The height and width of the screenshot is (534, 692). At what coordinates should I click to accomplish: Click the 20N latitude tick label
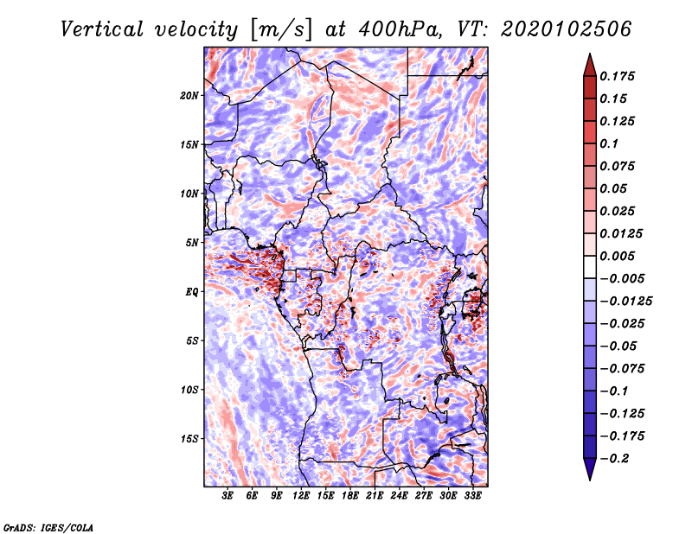point(189,95)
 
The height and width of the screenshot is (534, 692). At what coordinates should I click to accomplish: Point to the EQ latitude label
point(191,292)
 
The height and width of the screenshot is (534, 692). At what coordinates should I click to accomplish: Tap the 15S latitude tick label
point(189,439)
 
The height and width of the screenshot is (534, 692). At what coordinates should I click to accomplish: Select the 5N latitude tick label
point(192,243)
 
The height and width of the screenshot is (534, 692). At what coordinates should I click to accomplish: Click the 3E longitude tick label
point(228,496)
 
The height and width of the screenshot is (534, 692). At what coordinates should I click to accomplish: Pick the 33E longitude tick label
point(472,496)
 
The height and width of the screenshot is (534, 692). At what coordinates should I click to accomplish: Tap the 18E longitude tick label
point(350,496)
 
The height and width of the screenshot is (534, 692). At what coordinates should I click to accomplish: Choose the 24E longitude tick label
point(399,496)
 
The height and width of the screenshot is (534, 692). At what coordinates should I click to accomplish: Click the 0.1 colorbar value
point(609,143)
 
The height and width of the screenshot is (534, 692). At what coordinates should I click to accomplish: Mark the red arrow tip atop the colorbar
point(589,56)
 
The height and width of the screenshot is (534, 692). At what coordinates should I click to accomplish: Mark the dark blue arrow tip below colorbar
point(589,476)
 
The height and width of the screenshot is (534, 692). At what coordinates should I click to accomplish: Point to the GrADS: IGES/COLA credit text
point(48,526)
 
